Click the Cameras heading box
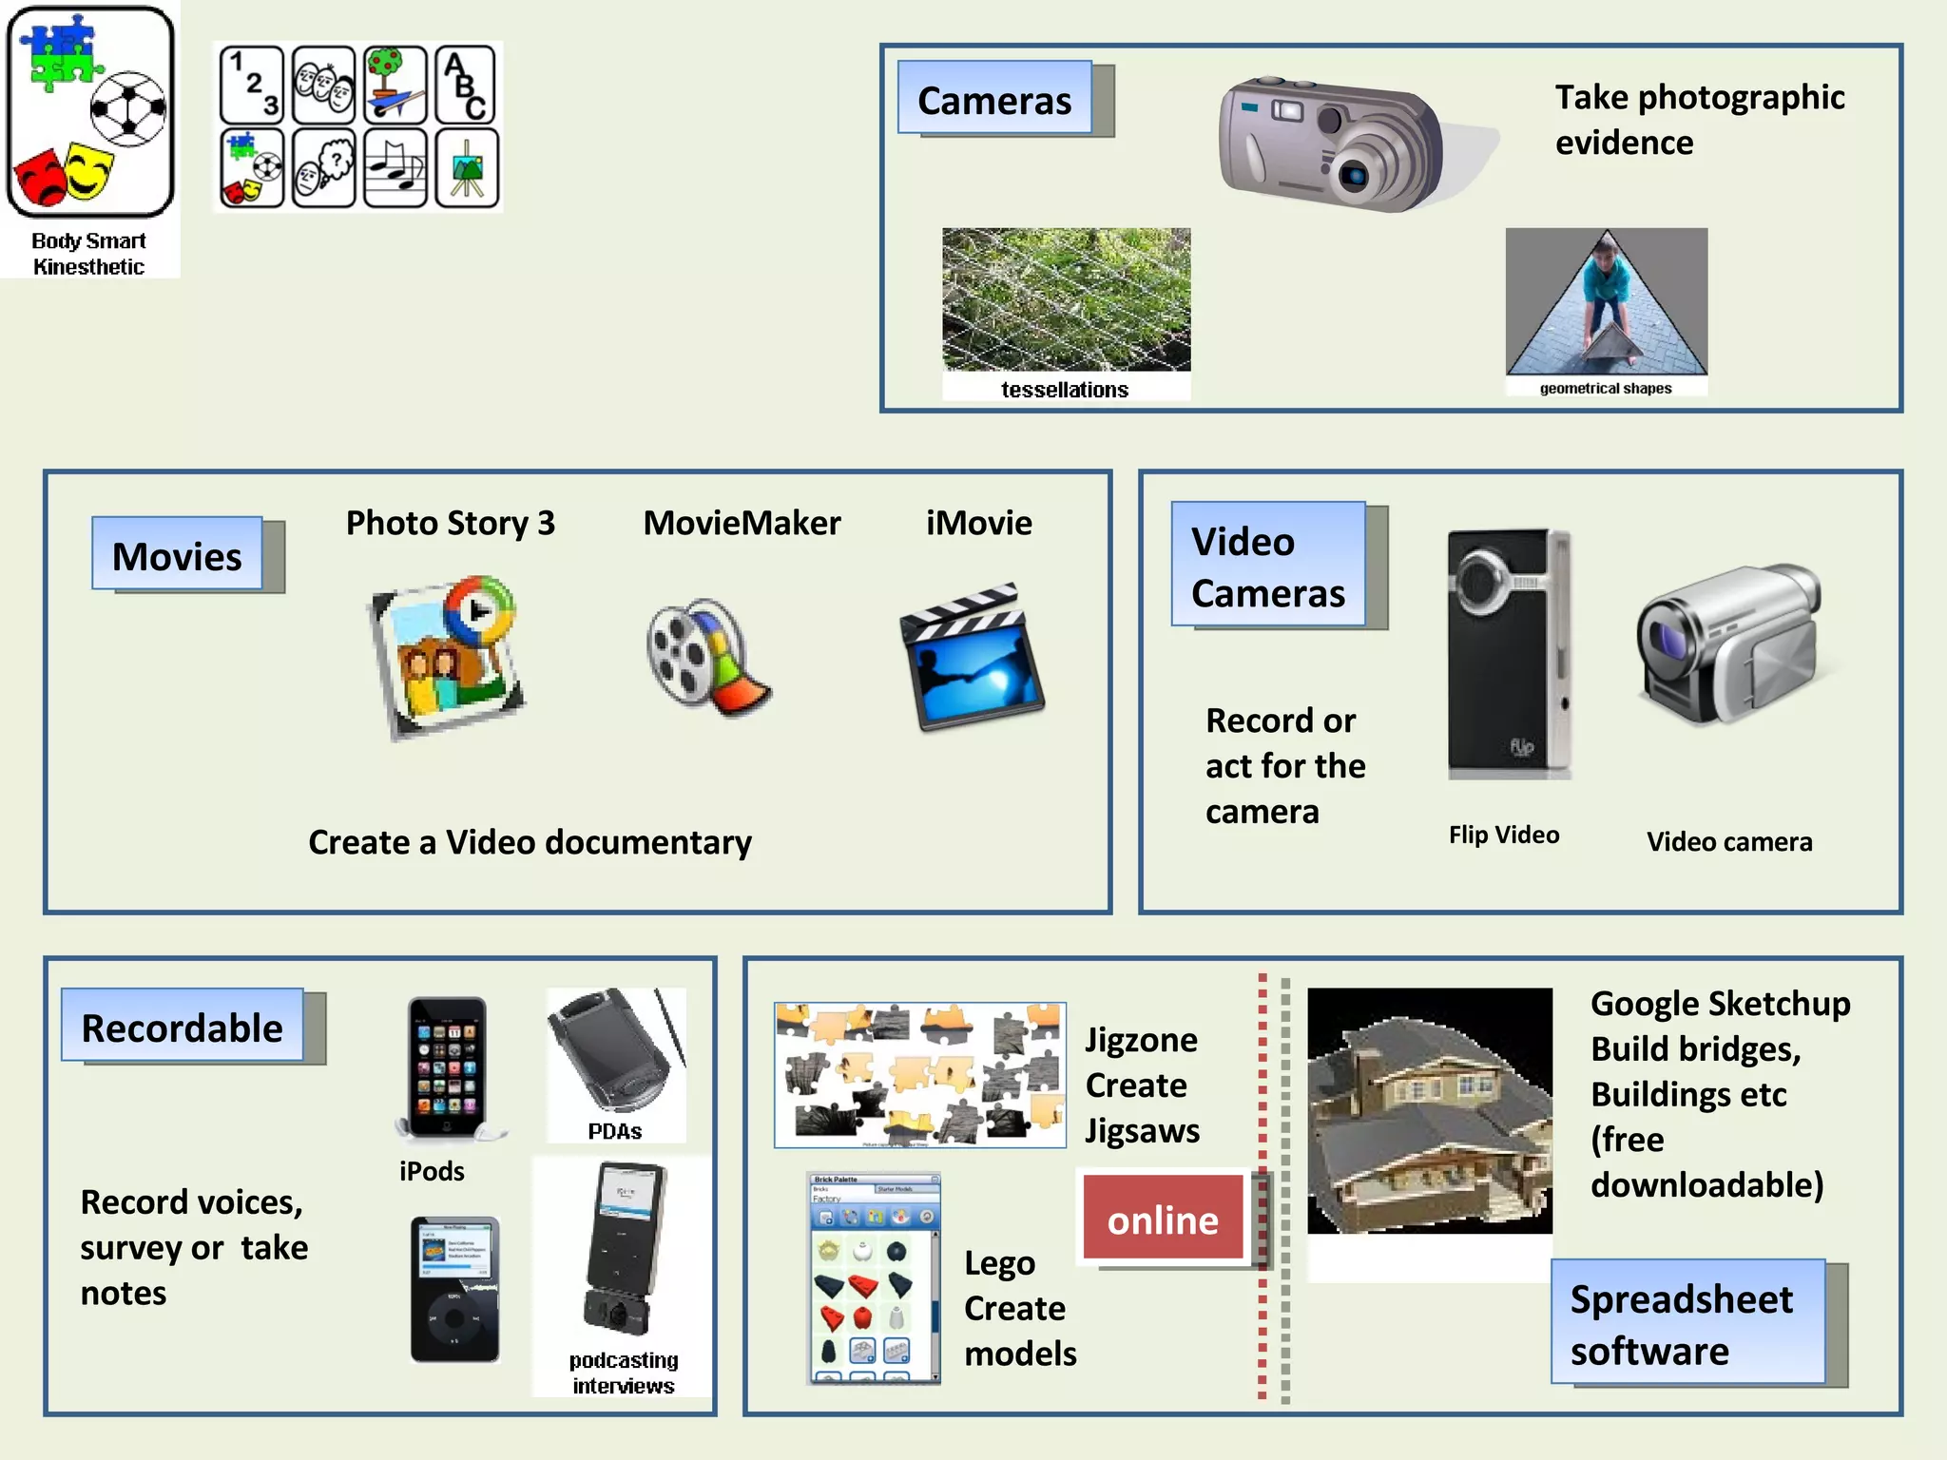[x=994, y=100]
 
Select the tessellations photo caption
[x=1065, y=389]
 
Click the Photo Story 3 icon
[x=447, y=656]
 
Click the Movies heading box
[x=178, y=555]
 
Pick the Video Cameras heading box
[x=1267, y=566]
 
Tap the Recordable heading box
[x=183, y=1027]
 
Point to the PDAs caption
[x=614, y=1131]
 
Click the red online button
[x=1163, y=1219]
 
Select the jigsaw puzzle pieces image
[x=919, y=1074]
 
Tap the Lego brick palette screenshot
[x=874, y=1278]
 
